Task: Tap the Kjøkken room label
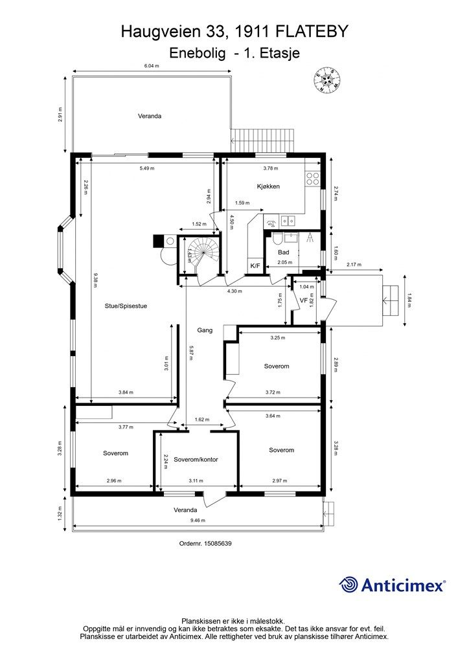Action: click(x=268, y=186)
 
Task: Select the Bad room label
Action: click(x=283, y=253)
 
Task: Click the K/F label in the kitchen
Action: click(x=255, y=265)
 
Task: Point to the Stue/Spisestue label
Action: click(x=126, y=306)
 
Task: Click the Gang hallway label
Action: click(x=205, y=330)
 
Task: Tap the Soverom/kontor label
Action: click(x=196, y=459)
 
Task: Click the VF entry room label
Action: click(x=303, y=300)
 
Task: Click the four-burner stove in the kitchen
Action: click(x=313, y=178)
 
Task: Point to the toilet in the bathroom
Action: click(x=278, y=240)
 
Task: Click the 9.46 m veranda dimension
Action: click(x=198, y=520)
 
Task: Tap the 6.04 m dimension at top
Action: click(x=152, y=65)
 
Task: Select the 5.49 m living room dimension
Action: click(x=147, y=168)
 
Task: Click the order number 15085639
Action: click(x=205, y=543)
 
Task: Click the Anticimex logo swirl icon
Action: click(x=348, y=585)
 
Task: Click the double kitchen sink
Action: click(x=288, y=220)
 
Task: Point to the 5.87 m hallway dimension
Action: click(x=190, y=352)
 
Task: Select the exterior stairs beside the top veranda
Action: click(x=262, y=140)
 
